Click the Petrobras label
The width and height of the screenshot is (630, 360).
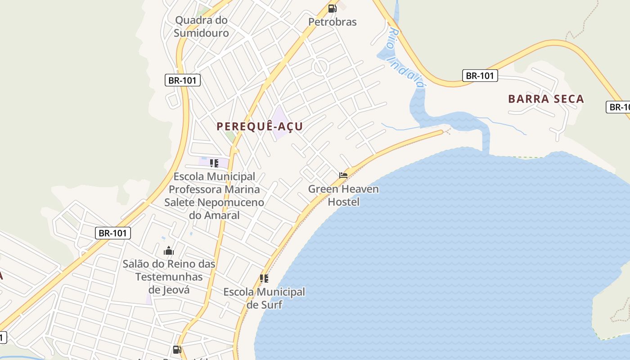pyautogui.click(x=332, y=22)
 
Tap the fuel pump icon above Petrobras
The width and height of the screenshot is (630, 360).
pyautogui.click(x=332, y=8)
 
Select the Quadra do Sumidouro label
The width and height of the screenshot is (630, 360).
pyautogui.click(x=201, y=27)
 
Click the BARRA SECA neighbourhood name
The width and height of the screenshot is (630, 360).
pyautogui.click(x=546, y=99)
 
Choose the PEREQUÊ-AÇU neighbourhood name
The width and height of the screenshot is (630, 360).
pyautogui.click(x=260, y=126)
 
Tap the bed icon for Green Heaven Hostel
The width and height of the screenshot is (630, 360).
pyautogui.click(x=343, y=175)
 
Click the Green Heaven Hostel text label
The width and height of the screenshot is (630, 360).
pyautogui.click(x=343, y=195)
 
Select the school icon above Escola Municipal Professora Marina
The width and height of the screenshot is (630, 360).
pyautogui.click(x=214, y=163)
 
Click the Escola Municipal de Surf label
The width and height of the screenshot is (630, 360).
pyautogui.click(x=264, y=298)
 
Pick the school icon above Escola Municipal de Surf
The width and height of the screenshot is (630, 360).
pyautogui.click(x=264, y=279)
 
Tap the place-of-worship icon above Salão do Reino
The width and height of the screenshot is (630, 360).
pyautogui.click(x=169, y=251)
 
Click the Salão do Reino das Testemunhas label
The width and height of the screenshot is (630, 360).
pyautogui.click(x=169, y=276)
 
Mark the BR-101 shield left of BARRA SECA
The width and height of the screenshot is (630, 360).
pyautogui.click(x=480, y=76)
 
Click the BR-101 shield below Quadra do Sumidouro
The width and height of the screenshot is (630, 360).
pyautogui.click(x=182, y=81)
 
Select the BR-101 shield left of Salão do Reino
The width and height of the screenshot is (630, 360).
pyautogui.click(x=113, y=233)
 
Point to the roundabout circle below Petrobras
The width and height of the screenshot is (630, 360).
pyautogui.click(x=321, y=67)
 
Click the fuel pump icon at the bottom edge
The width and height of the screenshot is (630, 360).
pyautogui.click(x=177, y=349)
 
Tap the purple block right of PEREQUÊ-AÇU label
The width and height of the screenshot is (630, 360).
pyautogui.click(x=280, y=122)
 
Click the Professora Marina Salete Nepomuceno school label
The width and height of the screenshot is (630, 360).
pyautogui.click(x=214, y=196)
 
